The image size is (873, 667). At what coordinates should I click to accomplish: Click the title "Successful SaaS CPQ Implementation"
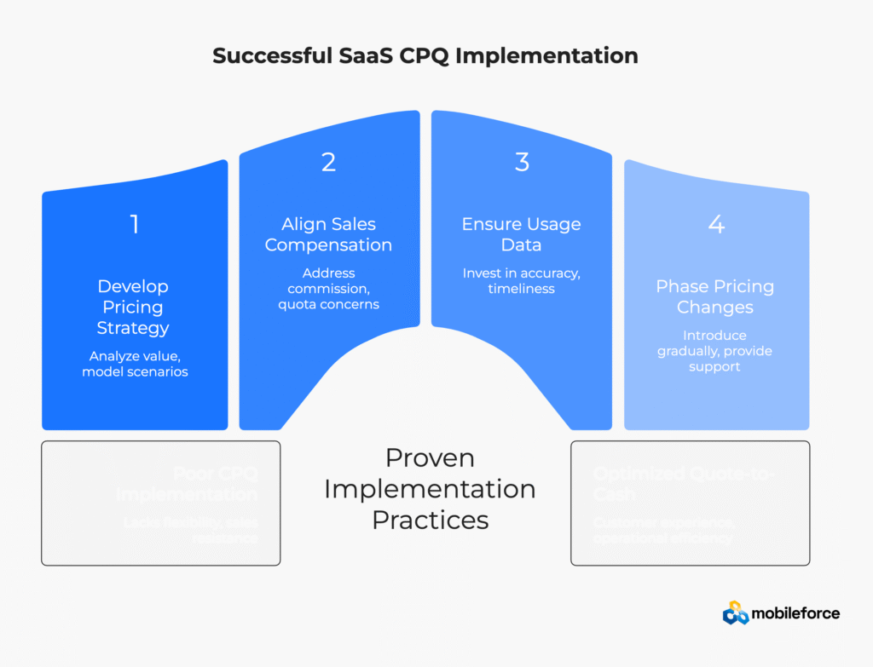tap(425, 57)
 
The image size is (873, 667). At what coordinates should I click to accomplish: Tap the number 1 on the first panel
tap(134, 224)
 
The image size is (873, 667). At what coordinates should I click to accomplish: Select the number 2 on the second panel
tap(328, 162)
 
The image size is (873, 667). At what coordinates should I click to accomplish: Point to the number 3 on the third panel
tap(522, 162)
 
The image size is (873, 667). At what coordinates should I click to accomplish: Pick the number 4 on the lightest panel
tap(715, 224)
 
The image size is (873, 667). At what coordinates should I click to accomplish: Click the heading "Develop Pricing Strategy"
tap(133, 307)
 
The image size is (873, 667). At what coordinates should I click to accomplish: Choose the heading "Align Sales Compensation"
tap(328, 234)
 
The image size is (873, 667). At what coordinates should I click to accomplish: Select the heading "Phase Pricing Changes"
tap(714, 296)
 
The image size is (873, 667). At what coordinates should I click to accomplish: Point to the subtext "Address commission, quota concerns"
tap(328, 289)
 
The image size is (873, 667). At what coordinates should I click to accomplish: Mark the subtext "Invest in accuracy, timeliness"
tap(521, 281)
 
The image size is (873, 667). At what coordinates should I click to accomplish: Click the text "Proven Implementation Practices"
tap(430, 488)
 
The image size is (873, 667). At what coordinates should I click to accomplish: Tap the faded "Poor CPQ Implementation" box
tap(160, 503)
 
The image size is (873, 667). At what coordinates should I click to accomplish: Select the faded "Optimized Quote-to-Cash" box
tap(690, 503)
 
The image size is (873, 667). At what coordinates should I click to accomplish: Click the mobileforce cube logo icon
tap(736, 612)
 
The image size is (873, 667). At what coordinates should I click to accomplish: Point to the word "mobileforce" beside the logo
tap(795, 613)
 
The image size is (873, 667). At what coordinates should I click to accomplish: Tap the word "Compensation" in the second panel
tap(328, 245)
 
